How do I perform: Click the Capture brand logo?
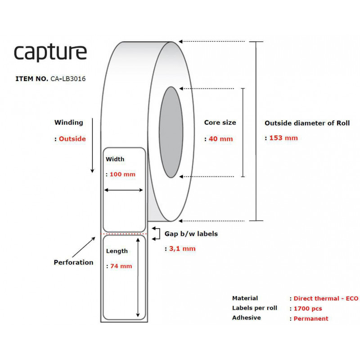pos(50,52)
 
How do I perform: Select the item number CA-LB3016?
pos(68,79)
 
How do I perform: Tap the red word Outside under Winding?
pos(72,139)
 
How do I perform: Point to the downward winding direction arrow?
pos(92,145)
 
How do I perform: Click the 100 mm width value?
pos(122,174)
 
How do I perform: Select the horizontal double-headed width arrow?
pos(123,190)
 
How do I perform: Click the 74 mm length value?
pos(121,266)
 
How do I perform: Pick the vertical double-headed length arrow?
pos(138,278)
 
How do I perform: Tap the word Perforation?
pos(73,262)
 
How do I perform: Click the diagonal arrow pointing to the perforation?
pos(84,247)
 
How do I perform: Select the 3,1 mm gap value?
pos(182,249)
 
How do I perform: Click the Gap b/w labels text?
pos(191,234)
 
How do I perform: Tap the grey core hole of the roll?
pos(171,132)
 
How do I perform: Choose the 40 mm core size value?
pos(220,139)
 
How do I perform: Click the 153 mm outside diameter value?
pos(283,138)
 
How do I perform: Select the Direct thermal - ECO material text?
pos(326,298)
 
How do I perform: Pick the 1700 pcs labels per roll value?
pos(308,309)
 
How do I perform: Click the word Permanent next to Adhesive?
pos(311,319)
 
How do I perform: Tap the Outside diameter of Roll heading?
pos(307,123)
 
